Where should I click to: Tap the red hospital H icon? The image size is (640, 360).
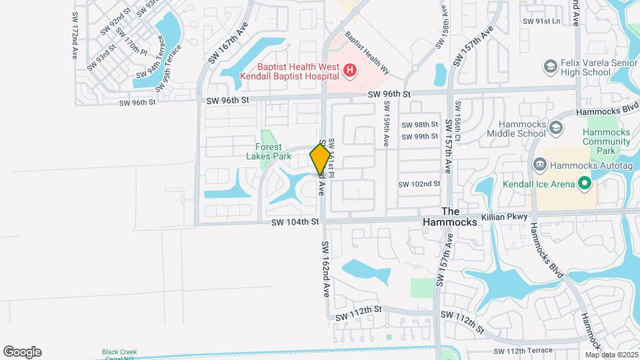point(349,70)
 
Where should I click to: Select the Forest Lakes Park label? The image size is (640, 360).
point(273,151)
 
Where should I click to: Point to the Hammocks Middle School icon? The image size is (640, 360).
point(556,127)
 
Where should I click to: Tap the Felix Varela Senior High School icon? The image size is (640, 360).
point(550,66)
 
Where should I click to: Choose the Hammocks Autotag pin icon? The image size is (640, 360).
point(541,164)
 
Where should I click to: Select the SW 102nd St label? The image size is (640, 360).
point(419,184)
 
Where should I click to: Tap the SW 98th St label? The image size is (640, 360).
point(419,125)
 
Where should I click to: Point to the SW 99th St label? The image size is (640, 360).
point(419,136)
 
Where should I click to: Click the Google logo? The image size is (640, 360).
point(22,352)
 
